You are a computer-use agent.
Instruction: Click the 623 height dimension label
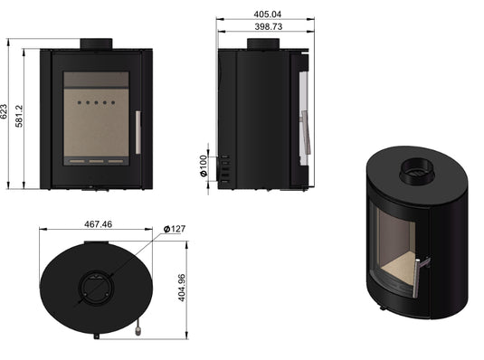6,112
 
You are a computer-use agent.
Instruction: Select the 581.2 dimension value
20,115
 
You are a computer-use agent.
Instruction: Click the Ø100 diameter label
204,168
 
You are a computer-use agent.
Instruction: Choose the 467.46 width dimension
93,223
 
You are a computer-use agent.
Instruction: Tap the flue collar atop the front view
95,43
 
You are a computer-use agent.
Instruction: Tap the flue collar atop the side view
263,43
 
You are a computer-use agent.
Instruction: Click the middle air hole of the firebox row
95,103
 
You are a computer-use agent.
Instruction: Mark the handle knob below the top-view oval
137,331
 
